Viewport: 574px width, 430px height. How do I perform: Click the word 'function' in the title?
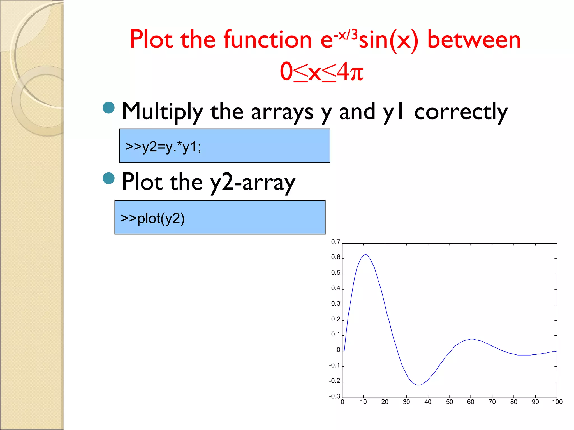tap(267, 39)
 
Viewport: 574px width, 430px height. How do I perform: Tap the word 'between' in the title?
tap(474, 39)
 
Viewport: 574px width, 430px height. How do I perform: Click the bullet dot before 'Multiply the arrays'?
tap(109, 107)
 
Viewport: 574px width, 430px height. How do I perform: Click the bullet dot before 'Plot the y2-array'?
tap(109, 178)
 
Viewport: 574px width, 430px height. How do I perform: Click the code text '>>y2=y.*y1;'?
tap(163, 146)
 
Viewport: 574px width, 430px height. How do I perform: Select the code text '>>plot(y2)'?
tap(153, 218)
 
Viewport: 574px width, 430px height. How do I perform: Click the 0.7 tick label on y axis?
tap(335, 242)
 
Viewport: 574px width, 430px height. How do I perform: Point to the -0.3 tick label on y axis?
tap(334, 396)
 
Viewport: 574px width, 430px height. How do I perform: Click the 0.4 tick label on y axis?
tap(335, 288)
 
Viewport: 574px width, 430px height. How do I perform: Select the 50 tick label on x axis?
tap(449, 402)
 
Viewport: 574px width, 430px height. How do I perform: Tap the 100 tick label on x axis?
tap(557, 402)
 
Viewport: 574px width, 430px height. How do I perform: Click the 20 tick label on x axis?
tap(385, 402)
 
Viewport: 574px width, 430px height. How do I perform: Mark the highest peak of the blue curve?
tap(365, 254)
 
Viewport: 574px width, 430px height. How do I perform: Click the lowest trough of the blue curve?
tap(418, 385)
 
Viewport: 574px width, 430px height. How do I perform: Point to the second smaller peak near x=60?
tap(472, 339)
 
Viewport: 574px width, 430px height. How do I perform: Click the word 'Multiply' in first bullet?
tap(163, 111)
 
